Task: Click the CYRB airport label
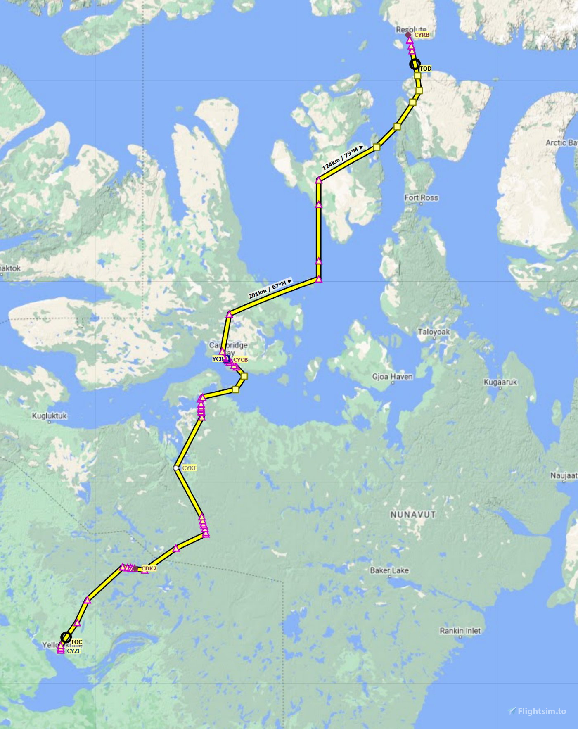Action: tap(422, 35)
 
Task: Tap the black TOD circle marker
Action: tap(415, 64)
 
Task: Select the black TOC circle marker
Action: tap(66, 637)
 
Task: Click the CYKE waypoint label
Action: tap(190, 468)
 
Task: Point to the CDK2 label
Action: tap(149, 569)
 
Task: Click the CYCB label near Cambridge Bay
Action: tap(241, 360)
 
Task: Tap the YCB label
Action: tap(218, 359)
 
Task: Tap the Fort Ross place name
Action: tap(421, 198)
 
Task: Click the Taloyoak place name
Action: tap(433, 332)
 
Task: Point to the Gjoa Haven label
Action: tap(392, 376)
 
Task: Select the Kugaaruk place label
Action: tap(500, 382)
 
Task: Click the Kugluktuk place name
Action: tap(50, 416)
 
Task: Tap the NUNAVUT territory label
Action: tap(413, 515)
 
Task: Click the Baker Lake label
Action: tap(389, 570)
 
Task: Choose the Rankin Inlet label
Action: tap(460, 631)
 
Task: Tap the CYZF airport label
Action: tap(74, 651)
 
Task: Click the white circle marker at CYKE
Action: tap(176, 468)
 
